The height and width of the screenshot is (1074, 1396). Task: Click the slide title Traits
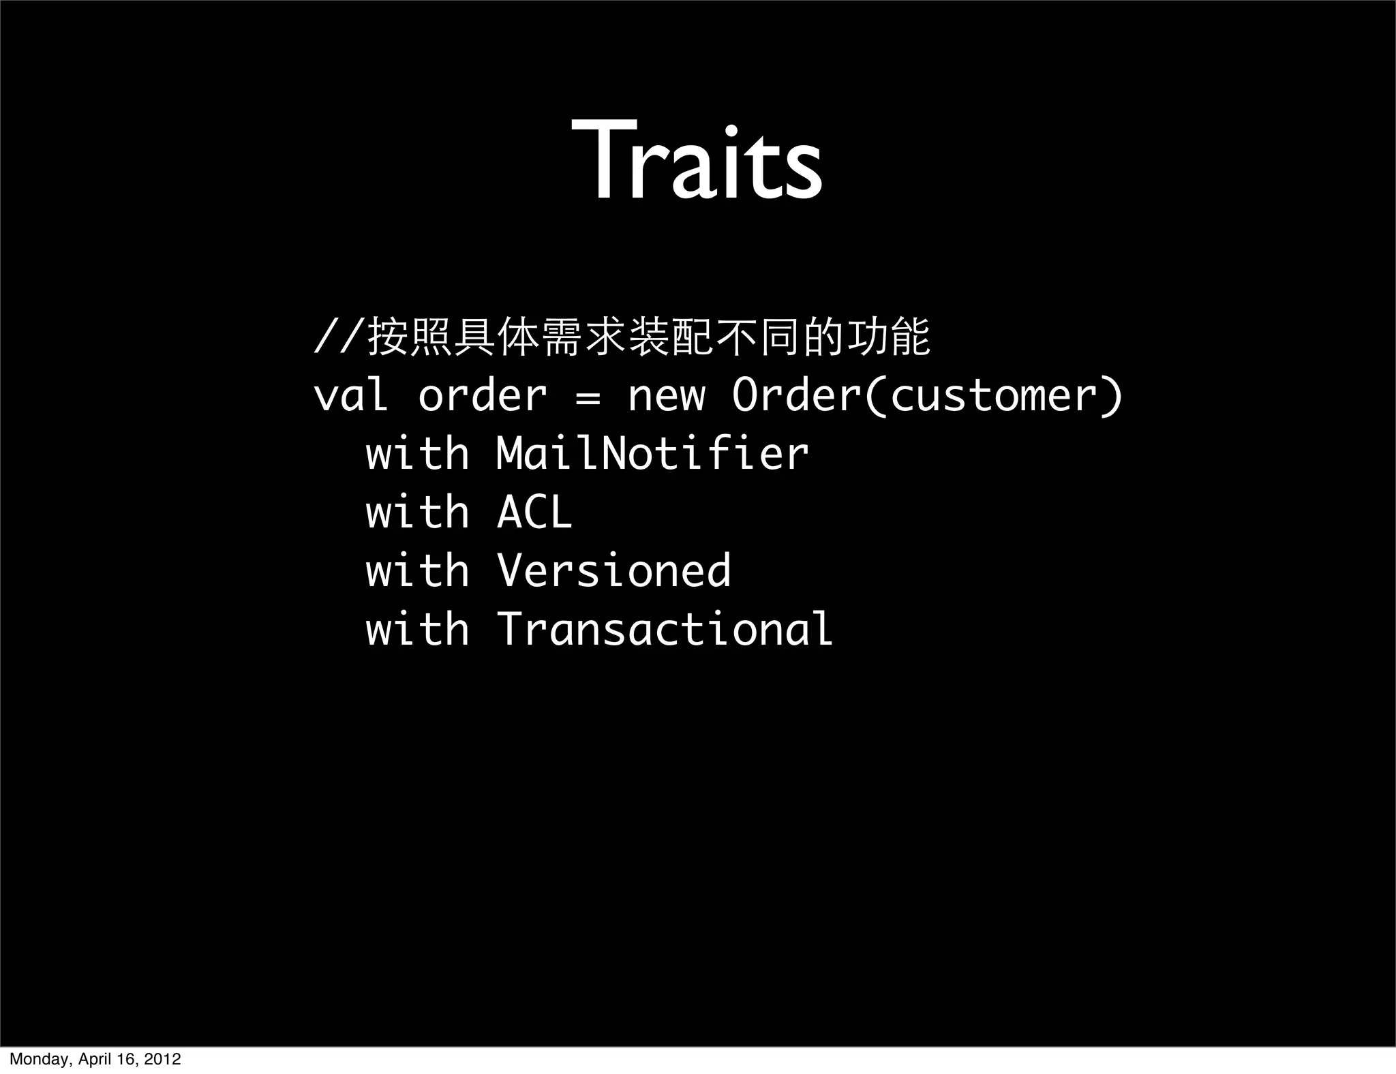(697, 162)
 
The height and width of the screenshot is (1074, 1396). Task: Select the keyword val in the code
(351, 395)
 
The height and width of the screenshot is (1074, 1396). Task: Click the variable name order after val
(483, 395)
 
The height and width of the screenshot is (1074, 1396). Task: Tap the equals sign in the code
(588, 397)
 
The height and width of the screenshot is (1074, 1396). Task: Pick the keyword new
(666, 397)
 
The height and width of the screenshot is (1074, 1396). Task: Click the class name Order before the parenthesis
(796, 395)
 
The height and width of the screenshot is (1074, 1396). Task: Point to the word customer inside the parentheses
(992, 397)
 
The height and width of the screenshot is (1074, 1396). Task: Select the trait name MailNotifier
(652, 453)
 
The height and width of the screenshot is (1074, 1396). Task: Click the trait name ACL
(534, 512)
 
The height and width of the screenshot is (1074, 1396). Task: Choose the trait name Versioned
(613, 570)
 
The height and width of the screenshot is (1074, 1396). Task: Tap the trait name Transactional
(665, 628)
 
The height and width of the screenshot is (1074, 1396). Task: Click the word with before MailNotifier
(417, 453)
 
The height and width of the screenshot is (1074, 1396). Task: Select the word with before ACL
(417, 512)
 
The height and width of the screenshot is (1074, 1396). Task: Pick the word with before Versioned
(417, 570)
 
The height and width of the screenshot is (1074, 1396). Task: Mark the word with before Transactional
(417, 628)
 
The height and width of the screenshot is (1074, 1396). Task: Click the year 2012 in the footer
(165, 1059)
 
